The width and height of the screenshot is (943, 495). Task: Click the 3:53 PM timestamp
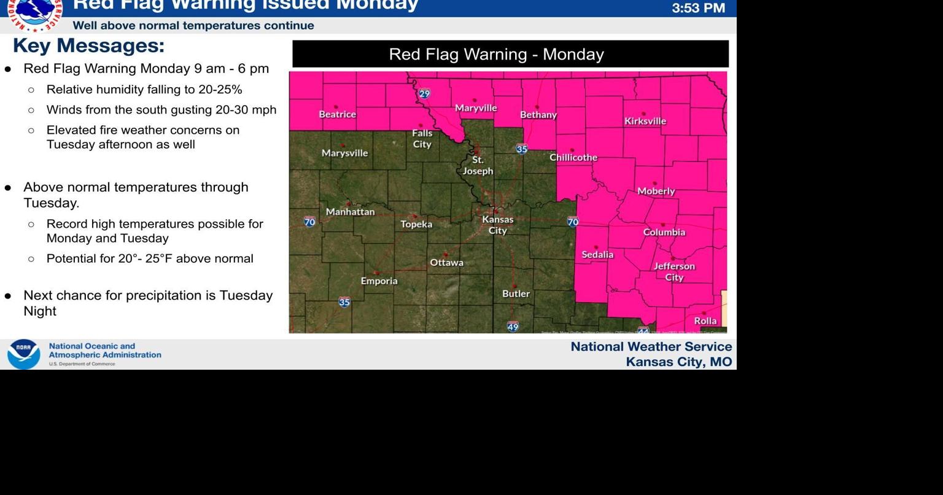coord(698,8)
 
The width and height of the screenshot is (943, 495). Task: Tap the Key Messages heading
coord(88,46)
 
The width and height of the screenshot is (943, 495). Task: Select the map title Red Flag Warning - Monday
coord(496,54)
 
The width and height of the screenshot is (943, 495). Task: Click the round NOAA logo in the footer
coord(23,354)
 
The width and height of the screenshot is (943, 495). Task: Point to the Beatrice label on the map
coord(337,114)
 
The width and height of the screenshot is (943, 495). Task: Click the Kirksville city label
coord(645,121)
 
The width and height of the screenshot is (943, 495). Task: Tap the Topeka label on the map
coord(416,224)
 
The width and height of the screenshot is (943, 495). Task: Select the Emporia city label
coord(379,281)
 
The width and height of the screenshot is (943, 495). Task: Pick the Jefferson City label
coord(674,271)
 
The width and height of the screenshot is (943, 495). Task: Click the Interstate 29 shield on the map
coord(424,94)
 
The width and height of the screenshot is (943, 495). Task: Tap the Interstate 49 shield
coord(513,327)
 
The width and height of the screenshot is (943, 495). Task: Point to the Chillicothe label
coord(573,157)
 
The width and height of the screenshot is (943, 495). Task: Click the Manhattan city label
coord(350,212)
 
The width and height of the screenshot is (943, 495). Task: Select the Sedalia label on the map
coord(597,254)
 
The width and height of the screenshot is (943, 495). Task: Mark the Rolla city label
coord(705,321)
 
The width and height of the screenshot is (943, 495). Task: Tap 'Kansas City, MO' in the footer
coord(678,362)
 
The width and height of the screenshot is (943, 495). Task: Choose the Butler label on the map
coord(516,294)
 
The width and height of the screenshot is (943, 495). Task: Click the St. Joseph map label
coord(478,166)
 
